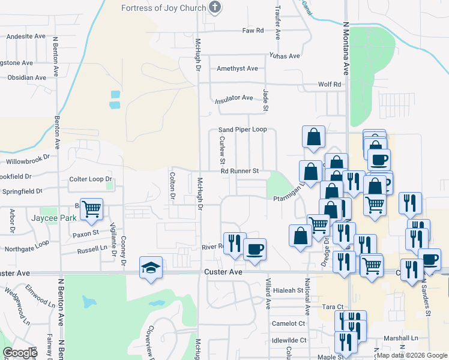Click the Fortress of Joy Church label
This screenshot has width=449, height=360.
pyautogui.click(x=163, y=8)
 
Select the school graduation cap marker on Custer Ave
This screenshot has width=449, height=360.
pyautogui.click(x=151, y=268)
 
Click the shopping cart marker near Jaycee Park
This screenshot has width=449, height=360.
pyautogui.click(x=91, y=209)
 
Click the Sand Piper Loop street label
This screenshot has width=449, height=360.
pyautogui.click(x=242, y=130)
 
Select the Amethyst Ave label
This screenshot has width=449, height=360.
pyautogui.click(x=237, y=68)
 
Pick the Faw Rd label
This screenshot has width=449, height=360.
pyautogui.click(x=253, y=30)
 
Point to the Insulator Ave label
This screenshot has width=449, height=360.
pyautogui.click(x=235, y=97)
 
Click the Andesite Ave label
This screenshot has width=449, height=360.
pyautogui.click(x=26, y=37)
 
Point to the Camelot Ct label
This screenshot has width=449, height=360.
pyautogui.click(x=289, y=323)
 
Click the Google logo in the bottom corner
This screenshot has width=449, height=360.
pyautogui.click(x=20, y=353)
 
